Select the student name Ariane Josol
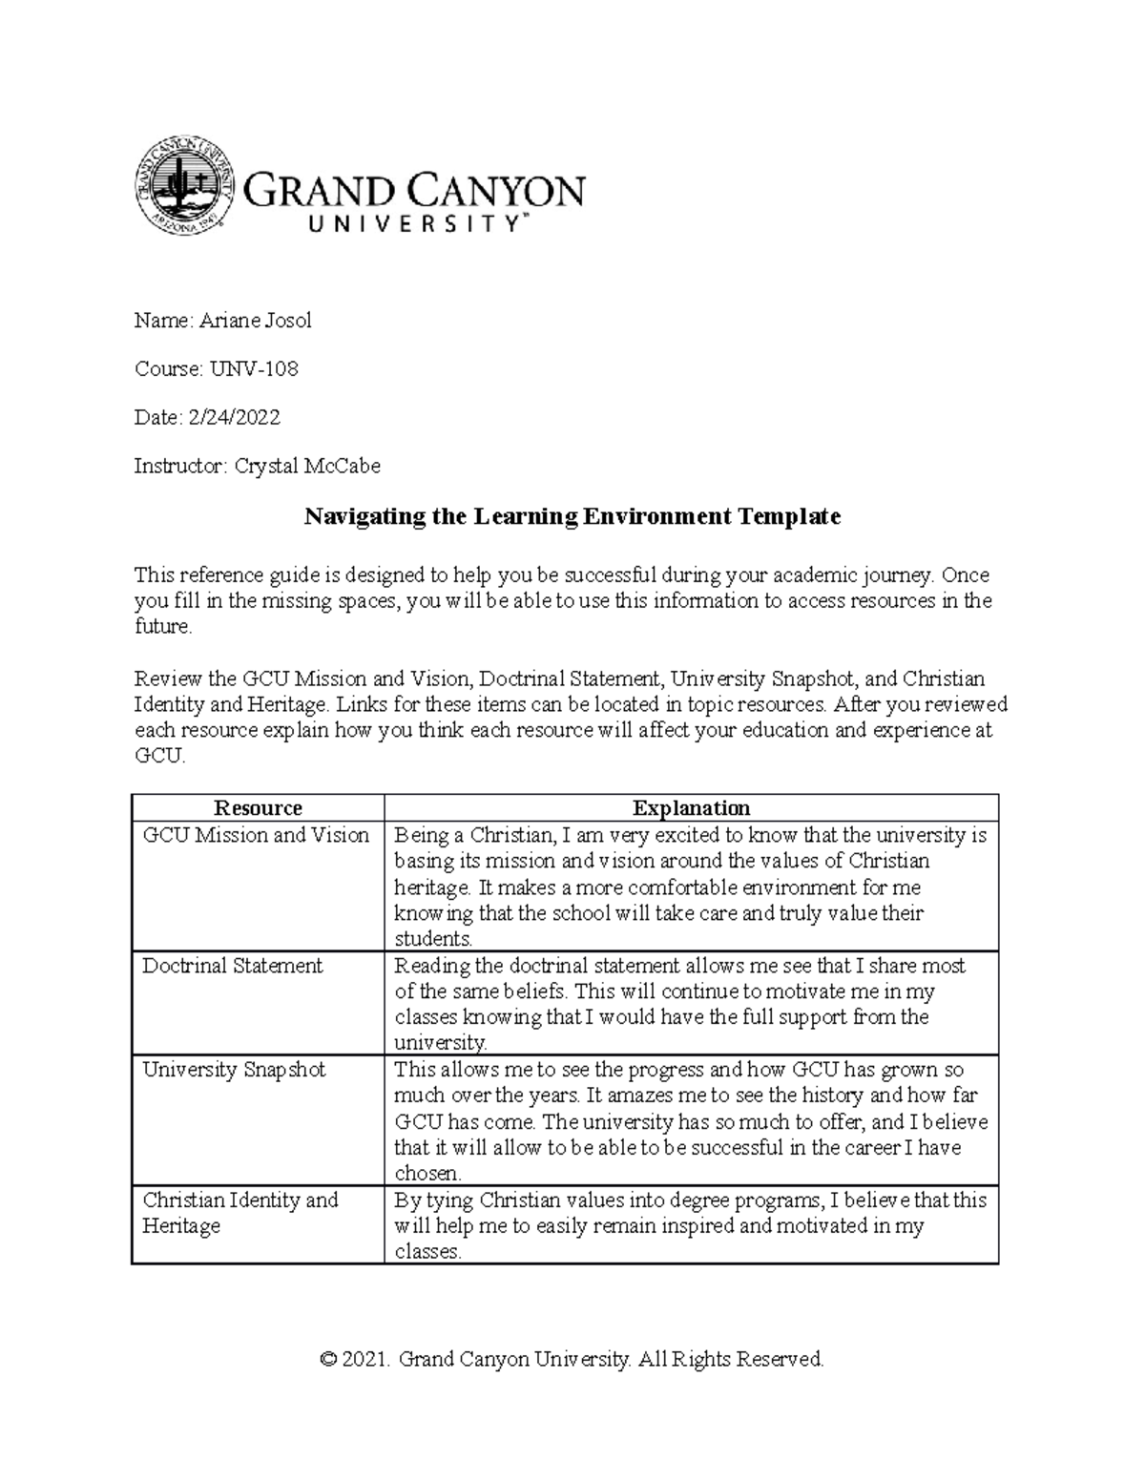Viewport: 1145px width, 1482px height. (x=255, y=321)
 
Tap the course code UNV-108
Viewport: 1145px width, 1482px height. (x=254, y=368)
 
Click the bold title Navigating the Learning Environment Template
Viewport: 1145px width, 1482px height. (x=572, y=516)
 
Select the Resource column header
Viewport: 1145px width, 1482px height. (x=258, y=808)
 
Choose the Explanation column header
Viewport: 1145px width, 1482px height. (x=691, y=808)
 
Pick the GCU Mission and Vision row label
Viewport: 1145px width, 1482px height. (x=256, y=835)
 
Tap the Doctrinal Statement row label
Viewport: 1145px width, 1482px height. (x=232, y=966)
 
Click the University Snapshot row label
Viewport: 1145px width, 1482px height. (x=234, y=1070)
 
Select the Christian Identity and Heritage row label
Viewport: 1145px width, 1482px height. (x=239, y=1213)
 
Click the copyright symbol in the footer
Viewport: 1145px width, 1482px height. (x=329, y=1359)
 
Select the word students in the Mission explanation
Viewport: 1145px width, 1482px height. (x=433, y=939)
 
